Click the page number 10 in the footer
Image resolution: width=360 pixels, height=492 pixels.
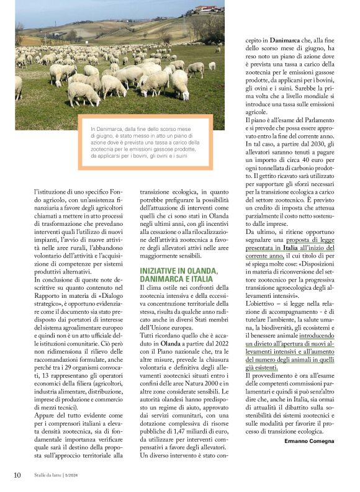point(17,475)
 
